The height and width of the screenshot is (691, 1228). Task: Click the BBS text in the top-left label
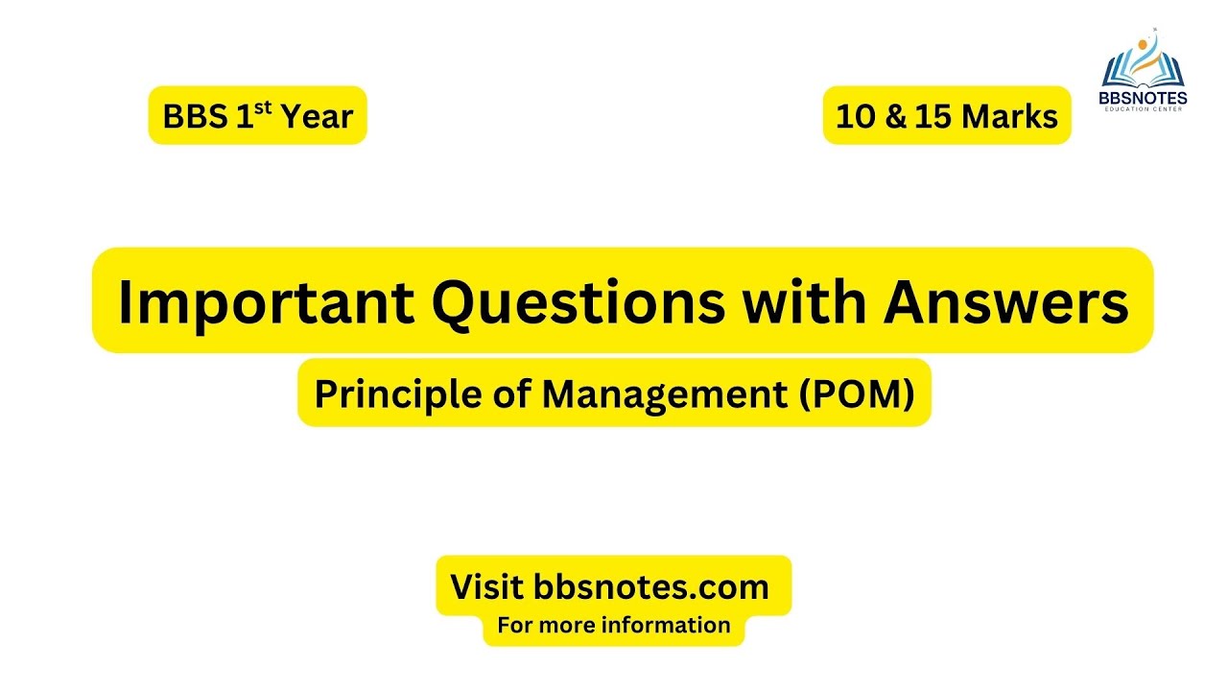pos(194,117)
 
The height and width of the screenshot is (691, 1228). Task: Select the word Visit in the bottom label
pos(487,586)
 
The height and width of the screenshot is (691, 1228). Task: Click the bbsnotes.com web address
pos(651,586)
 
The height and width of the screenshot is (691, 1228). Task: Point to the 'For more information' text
pos(613,626)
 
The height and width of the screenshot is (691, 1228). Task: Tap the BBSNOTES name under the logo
pos(1143,97)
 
